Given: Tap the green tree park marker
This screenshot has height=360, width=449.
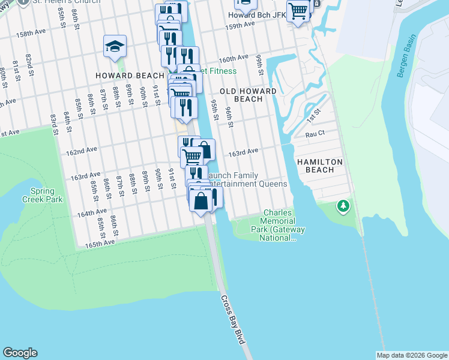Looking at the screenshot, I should tap(343, 207).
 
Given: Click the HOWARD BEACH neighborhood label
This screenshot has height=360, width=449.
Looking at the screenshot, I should tap(130, 76).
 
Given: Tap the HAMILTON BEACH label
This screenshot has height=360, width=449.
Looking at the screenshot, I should tap(320, 166).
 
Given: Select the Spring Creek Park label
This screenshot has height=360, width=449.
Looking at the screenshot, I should tap(42, 195).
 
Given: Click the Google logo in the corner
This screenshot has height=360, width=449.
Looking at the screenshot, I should tap(20, 353).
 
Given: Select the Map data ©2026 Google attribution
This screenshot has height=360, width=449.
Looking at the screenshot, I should tap(412, 355).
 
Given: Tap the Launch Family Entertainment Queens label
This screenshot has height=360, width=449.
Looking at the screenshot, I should tap(246, 179).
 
